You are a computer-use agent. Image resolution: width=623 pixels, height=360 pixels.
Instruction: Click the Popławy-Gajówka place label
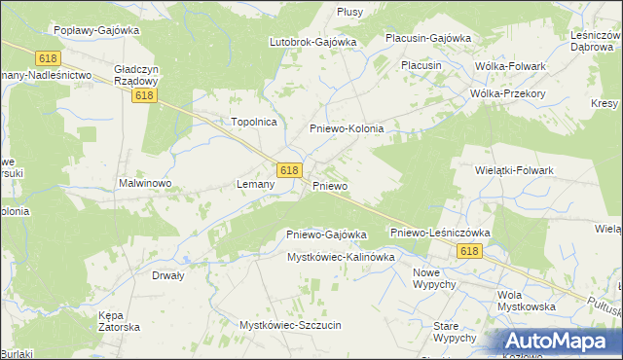(x=97, y=30)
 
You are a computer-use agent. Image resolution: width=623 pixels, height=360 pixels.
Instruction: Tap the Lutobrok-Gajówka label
(x=313, y=42)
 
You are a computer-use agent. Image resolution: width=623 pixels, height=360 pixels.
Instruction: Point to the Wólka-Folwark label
(x=510, y=65)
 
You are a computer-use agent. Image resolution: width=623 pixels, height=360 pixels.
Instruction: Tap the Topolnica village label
(x=254, y=122)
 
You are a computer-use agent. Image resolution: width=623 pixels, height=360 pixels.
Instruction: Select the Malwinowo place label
(x=145, y=183)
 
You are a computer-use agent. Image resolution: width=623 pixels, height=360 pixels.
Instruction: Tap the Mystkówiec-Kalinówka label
(x=340, y=257)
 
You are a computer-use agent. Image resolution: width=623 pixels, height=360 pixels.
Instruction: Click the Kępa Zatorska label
(x=120, y=321)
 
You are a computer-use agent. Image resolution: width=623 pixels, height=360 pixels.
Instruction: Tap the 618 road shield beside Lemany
(x=288, y=169)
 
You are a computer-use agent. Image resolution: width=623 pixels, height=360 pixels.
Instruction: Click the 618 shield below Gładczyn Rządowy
(x=145, y=96)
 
